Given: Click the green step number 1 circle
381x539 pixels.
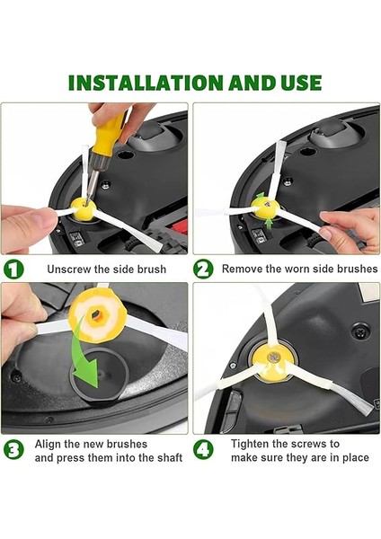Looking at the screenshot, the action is pos(13,269).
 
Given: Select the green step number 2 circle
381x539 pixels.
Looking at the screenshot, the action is pos(203,269).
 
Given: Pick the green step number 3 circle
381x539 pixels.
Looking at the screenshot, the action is pos(13,450).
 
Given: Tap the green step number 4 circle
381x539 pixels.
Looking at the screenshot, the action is pos(203,450).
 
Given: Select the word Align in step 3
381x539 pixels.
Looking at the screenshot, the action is pos(47,444).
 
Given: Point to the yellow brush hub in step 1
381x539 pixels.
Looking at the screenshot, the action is pos(84,208).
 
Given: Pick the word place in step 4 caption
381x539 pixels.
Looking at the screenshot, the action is pos(355,458).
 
